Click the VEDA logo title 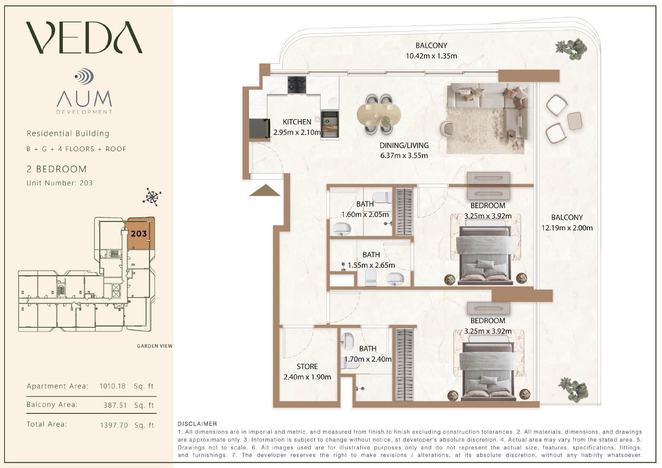point(84,37)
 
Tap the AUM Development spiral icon point(84,76)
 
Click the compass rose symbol point(151,197)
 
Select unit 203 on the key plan point(139,233)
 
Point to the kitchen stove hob point(297,85)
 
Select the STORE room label point(307,367)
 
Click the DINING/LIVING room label point(404,146)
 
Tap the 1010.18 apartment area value point(112,386)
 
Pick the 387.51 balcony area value point(115,405)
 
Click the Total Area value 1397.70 point(114,425)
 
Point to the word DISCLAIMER point(197,424)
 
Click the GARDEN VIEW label point(155,346)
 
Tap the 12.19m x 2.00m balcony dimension point(567,228)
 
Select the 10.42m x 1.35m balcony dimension point(431,56)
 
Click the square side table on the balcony point(575,121)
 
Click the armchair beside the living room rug point(448,130)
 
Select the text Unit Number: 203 point(60,183)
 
